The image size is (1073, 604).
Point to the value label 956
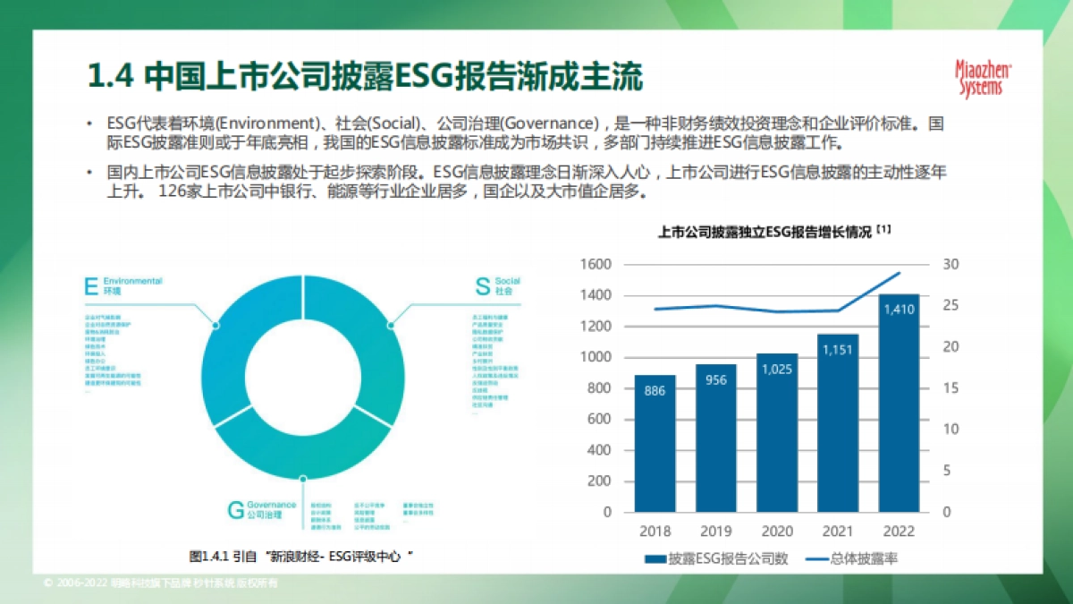click(716, 380)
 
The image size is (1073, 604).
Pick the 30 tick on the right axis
click(950, 264)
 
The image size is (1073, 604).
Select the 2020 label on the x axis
click(777, 531)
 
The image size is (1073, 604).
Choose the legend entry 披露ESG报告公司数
click(715, 558)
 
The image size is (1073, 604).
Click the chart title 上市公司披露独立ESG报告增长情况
click(764, 232)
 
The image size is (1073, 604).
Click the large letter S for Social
click(482, 286)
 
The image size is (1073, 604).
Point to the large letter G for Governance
click(235, 510)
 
